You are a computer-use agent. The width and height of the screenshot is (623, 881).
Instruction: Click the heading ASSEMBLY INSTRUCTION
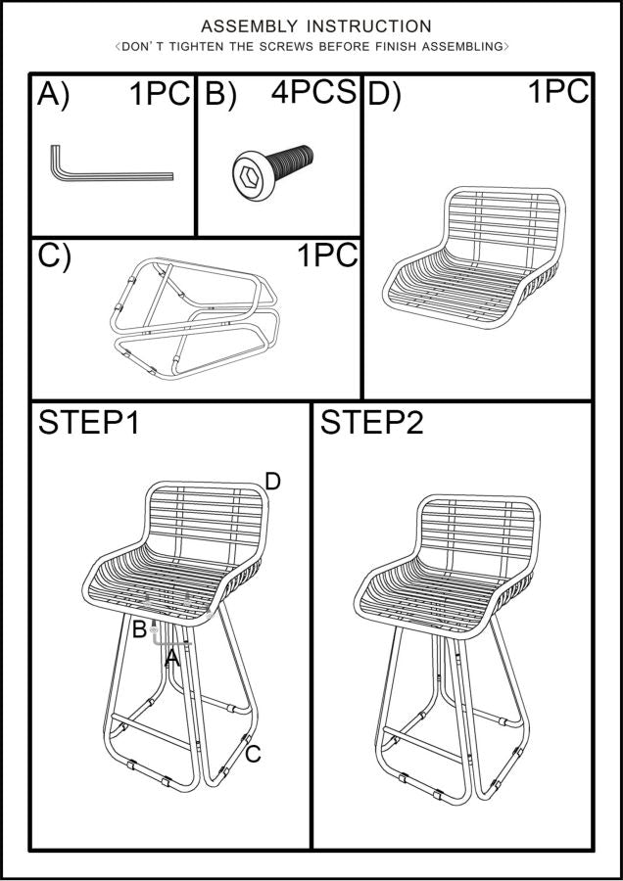point(316,25)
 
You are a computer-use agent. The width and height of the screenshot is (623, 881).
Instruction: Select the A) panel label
point(54,94)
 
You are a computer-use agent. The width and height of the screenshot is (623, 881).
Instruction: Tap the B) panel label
point(220,94)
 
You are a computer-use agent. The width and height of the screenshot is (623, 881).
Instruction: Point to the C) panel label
point(54,255)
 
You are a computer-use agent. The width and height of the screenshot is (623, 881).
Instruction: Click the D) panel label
point(384,94)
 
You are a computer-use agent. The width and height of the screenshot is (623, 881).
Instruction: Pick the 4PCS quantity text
point(313,92)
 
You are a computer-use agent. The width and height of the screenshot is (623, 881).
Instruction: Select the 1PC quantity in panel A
point(161,93)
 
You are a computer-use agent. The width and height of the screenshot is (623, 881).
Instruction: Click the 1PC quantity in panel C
point(327,255)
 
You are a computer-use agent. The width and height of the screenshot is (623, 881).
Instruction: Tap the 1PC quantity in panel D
point(558,91)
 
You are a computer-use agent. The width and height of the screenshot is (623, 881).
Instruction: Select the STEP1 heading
point(89,423)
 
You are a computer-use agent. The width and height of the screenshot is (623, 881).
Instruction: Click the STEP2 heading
point(371,423)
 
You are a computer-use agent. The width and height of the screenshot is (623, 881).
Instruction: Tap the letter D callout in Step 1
point(272,482)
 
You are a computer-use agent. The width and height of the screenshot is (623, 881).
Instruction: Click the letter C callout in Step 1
point(253,754)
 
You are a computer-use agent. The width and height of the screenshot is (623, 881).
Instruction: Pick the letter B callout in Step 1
point(139,629)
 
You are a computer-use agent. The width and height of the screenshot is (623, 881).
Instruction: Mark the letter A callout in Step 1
point(172,657)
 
